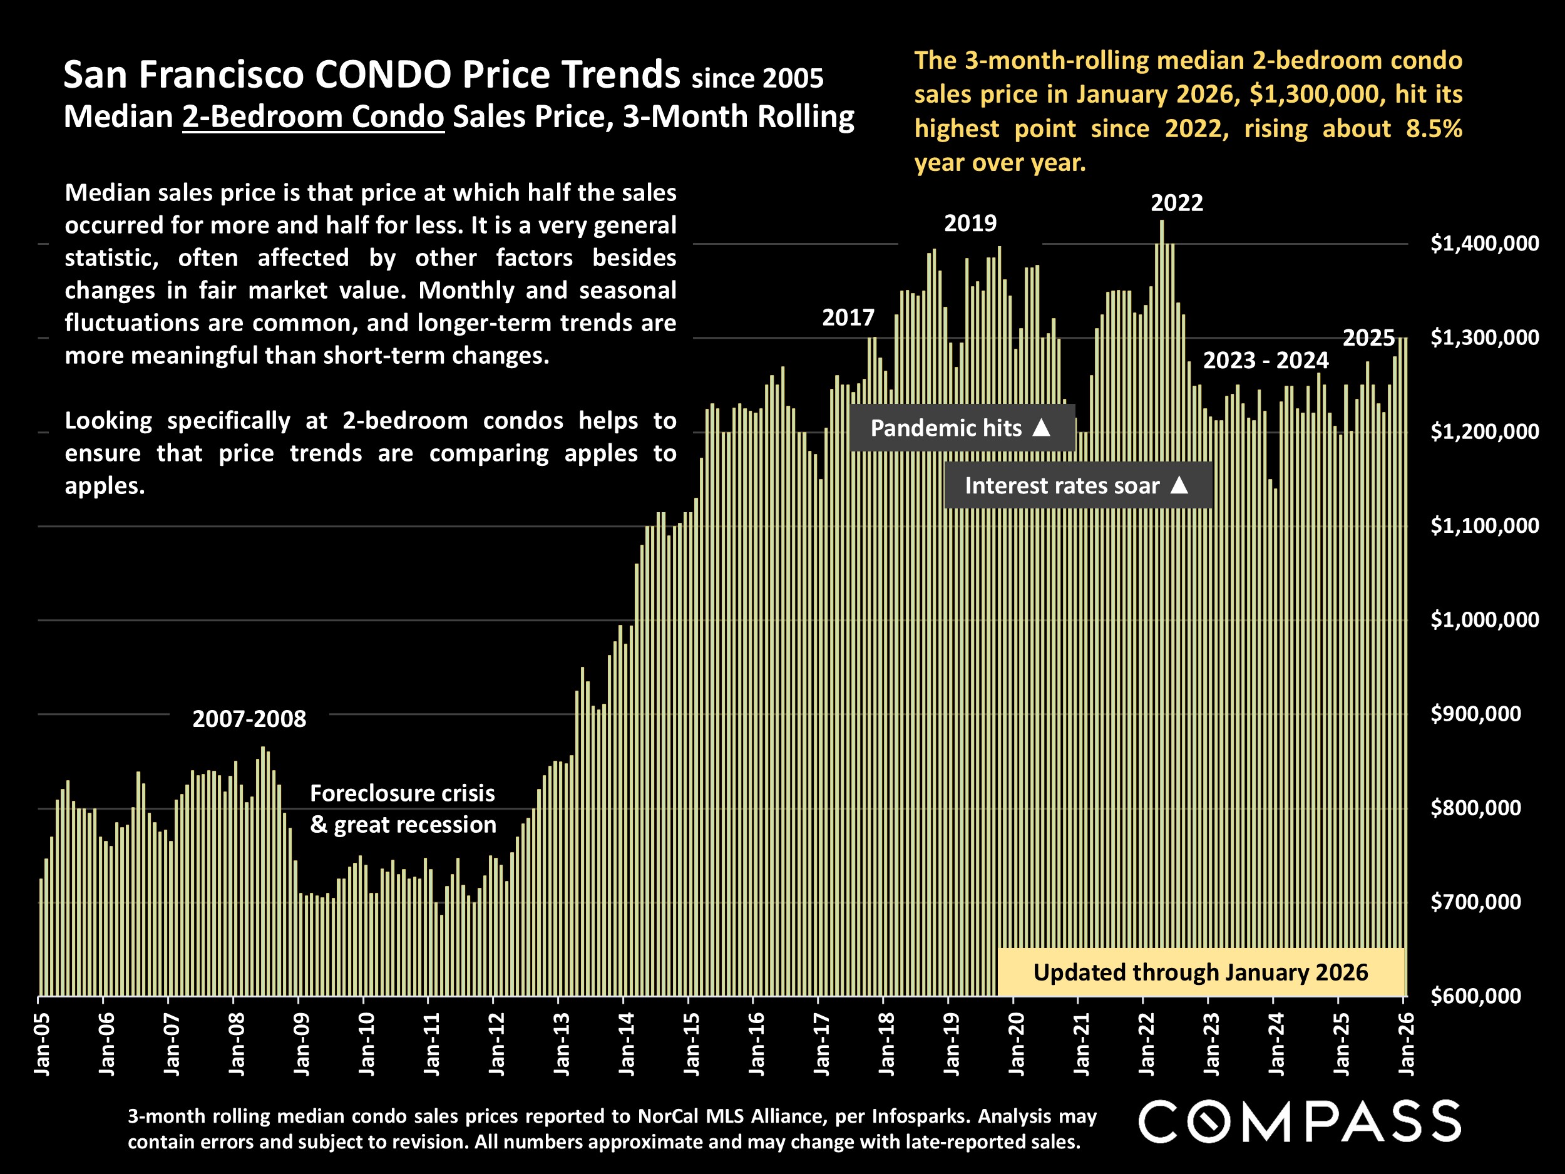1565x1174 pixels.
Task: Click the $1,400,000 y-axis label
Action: [x=1484, y=244]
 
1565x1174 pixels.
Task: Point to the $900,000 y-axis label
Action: [x=1475, y=713]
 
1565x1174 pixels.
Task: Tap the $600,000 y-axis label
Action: [x=1475, y=996]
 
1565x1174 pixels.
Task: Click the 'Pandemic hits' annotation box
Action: [x=962, y=428]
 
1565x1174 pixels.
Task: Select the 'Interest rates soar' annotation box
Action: [x=1077, y=485]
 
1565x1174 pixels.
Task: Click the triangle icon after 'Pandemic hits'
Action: [x=1041, y=428]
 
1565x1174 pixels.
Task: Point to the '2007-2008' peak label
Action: [x=249, y=719]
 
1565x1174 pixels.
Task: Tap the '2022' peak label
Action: [x=1177, y=203]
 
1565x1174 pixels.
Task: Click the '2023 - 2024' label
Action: [x=1266, y=360]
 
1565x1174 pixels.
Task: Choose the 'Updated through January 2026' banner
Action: [x=1201, y=972]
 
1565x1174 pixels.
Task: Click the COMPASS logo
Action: [x=1300, y=1121]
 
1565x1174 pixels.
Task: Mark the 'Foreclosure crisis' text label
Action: [x=402, y=793]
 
